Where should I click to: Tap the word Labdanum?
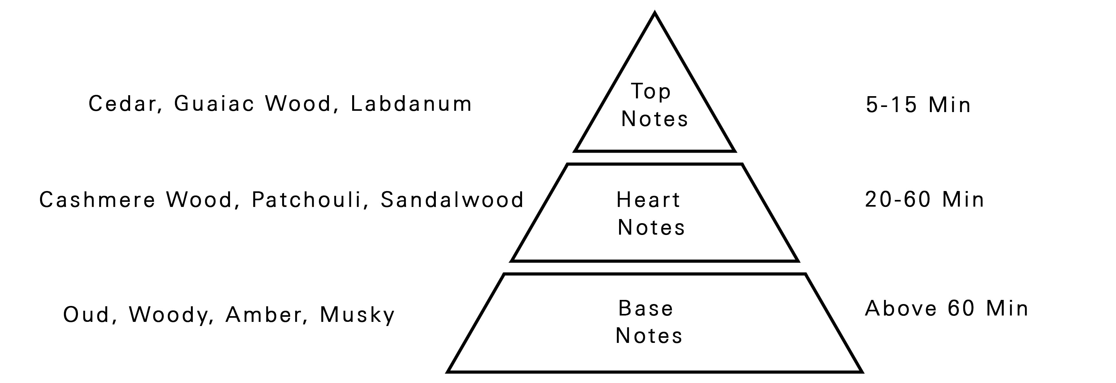(411, 104)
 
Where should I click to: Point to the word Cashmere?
(97, 200)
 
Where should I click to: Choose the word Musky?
(357, 315)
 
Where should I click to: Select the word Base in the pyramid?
(646, 309)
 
